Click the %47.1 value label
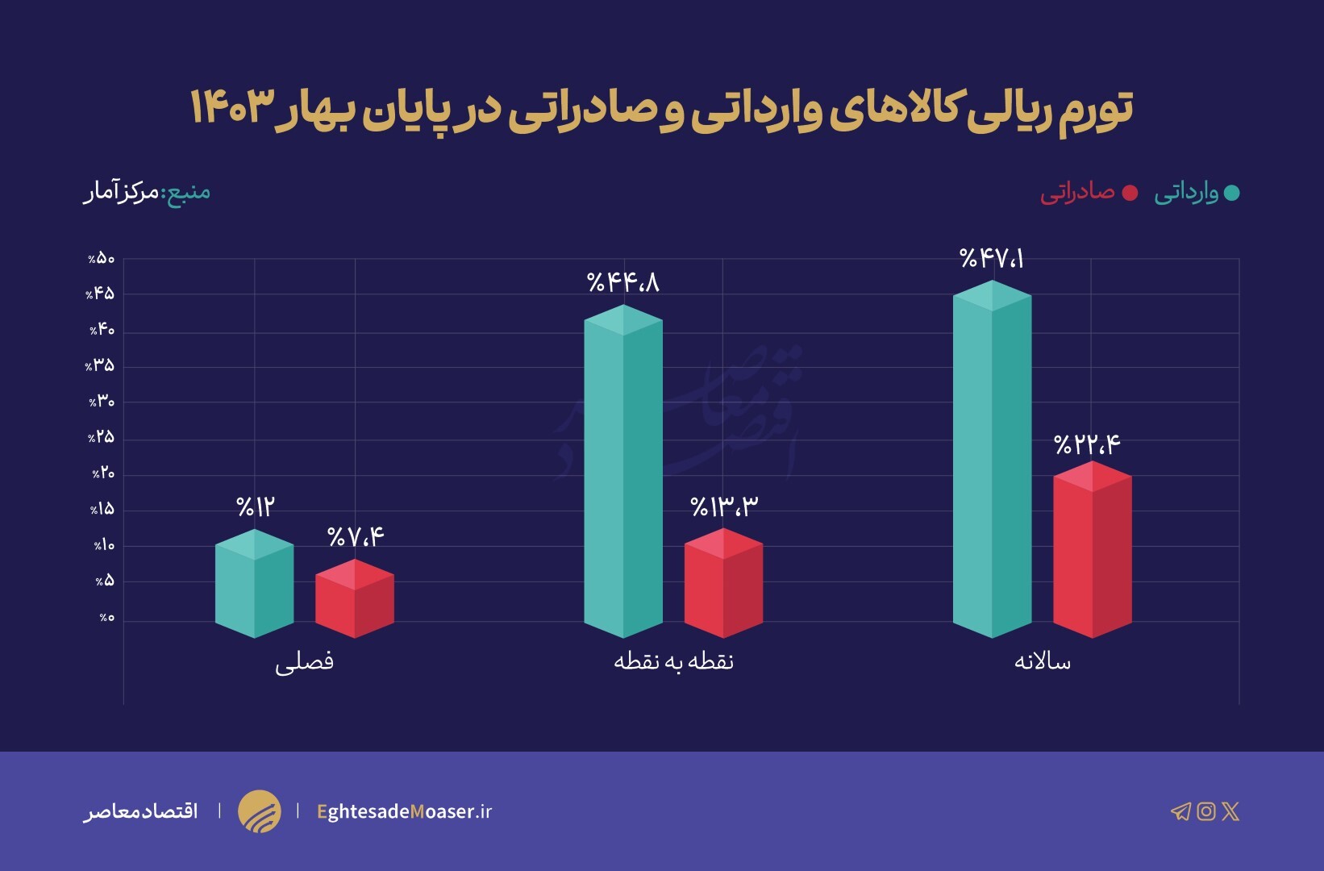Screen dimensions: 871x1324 point(992,259)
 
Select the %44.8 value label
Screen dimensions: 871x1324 point(623,282)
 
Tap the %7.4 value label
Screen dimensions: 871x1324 point(356,536)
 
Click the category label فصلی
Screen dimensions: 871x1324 point(304,662)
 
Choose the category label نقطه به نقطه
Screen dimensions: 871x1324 point(673,662)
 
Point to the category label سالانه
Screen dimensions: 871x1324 point(1042,662)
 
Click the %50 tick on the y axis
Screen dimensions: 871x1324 point(102,259)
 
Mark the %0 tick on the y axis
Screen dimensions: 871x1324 point(106,618)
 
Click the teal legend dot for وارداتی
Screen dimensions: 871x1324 point(1231,193)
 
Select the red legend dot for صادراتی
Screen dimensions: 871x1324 point(1130,193)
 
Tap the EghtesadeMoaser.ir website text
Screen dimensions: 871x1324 point(404,811)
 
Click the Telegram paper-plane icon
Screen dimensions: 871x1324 point(1180,811)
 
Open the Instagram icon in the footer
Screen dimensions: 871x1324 point(1206,811)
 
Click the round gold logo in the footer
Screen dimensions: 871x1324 point(260,811)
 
